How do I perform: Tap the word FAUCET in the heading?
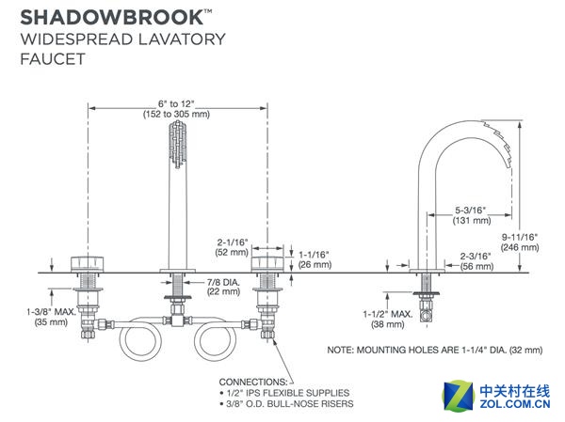pos(49,58)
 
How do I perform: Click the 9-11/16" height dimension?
pos(519,236)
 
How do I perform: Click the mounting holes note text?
pos(434,350)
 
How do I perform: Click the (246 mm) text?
pos(519,248)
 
